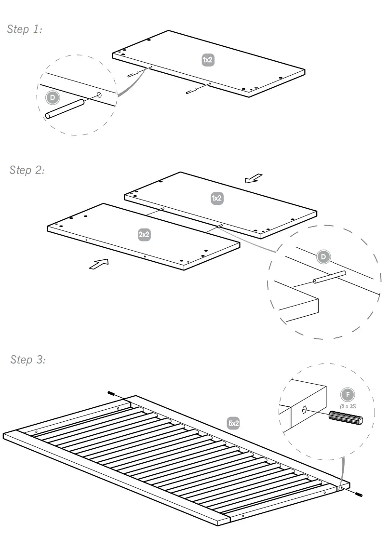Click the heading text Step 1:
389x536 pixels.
(25, 29)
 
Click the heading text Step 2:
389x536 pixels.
(27, 170)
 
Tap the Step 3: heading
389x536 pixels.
(28, 360)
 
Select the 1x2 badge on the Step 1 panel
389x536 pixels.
(207, 60)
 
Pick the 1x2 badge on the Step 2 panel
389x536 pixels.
(217, 198)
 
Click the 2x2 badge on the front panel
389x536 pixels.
(144, 235)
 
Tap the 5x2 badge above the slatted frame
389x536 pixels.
(233, 423)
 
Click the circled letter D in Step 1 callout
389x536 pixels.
(52, 98)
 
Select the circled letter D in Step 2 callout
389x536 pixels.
(323, 257)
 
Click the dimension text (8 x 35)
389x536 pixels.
(348, 406)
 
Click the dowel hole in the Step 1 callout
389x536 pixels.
(99, 95)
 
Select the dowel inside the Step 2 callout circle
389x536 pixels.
(330, 277)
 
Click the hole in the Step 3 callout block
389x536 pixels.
(305, 410)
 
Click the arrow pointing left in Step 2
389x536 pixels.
(253, 179)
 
